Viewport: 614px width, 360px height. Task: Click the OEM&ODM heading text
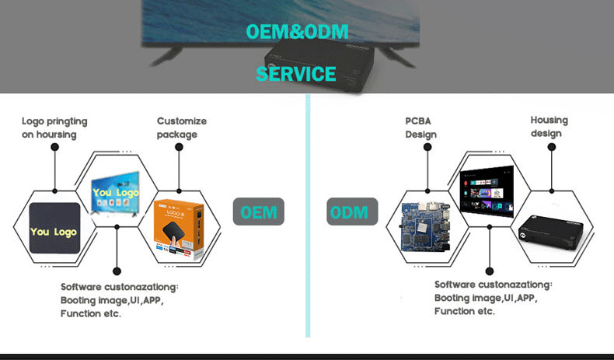(x=297, y=32)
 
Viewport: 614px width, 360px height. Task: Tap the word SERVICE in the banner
(x=296, y=75)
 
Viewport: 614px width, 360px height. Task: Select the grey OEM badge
(x=258, y=211)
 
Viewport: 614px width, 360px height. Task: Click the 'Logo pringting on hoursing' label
(x=54, y=128)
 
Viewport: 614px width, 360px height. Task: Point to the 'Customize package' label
(x=182, y=128)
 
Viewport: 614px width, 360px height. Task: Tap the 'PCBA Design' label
(x=420, y=128)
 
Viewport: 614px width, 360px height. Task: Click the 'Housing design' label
(x=549, y=127)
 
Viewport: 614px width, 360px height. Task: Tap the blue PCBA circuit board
(x=427, y=229)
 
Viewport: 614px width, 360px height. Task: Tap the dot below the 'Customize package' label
(x=180, y=148)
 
